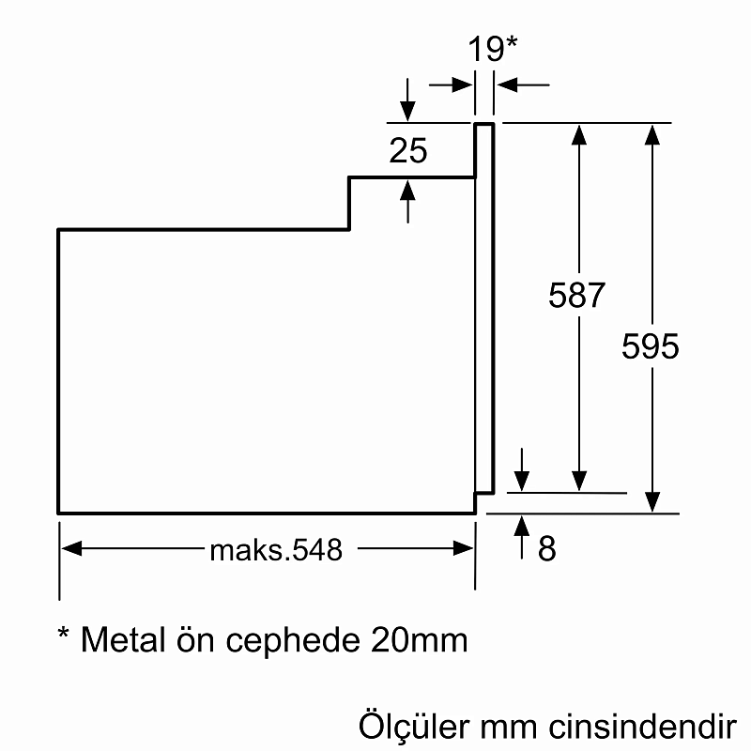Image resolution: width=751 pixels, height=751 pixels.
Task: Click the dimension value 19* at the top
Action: point(494,49)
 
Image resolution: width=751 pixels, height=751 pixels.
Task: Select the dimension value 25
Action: point(408,150)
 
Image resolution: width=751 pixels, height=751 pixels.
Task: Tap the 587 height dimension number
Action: point(576,296)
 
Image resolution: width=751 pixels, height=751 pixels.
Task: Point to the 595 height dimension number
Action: point(650,346)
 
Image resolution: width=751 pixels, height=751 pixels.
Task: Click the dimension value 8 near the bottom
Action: point(546,549)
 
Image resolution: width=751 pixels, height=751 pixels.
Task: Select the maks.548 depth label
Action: point(275,549)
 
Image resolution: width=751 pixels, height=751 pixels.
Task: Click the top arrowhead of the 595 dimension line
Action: point(651,134)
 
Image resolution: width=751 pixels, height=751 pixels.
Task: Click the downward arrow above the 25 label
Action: point(407,111)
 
